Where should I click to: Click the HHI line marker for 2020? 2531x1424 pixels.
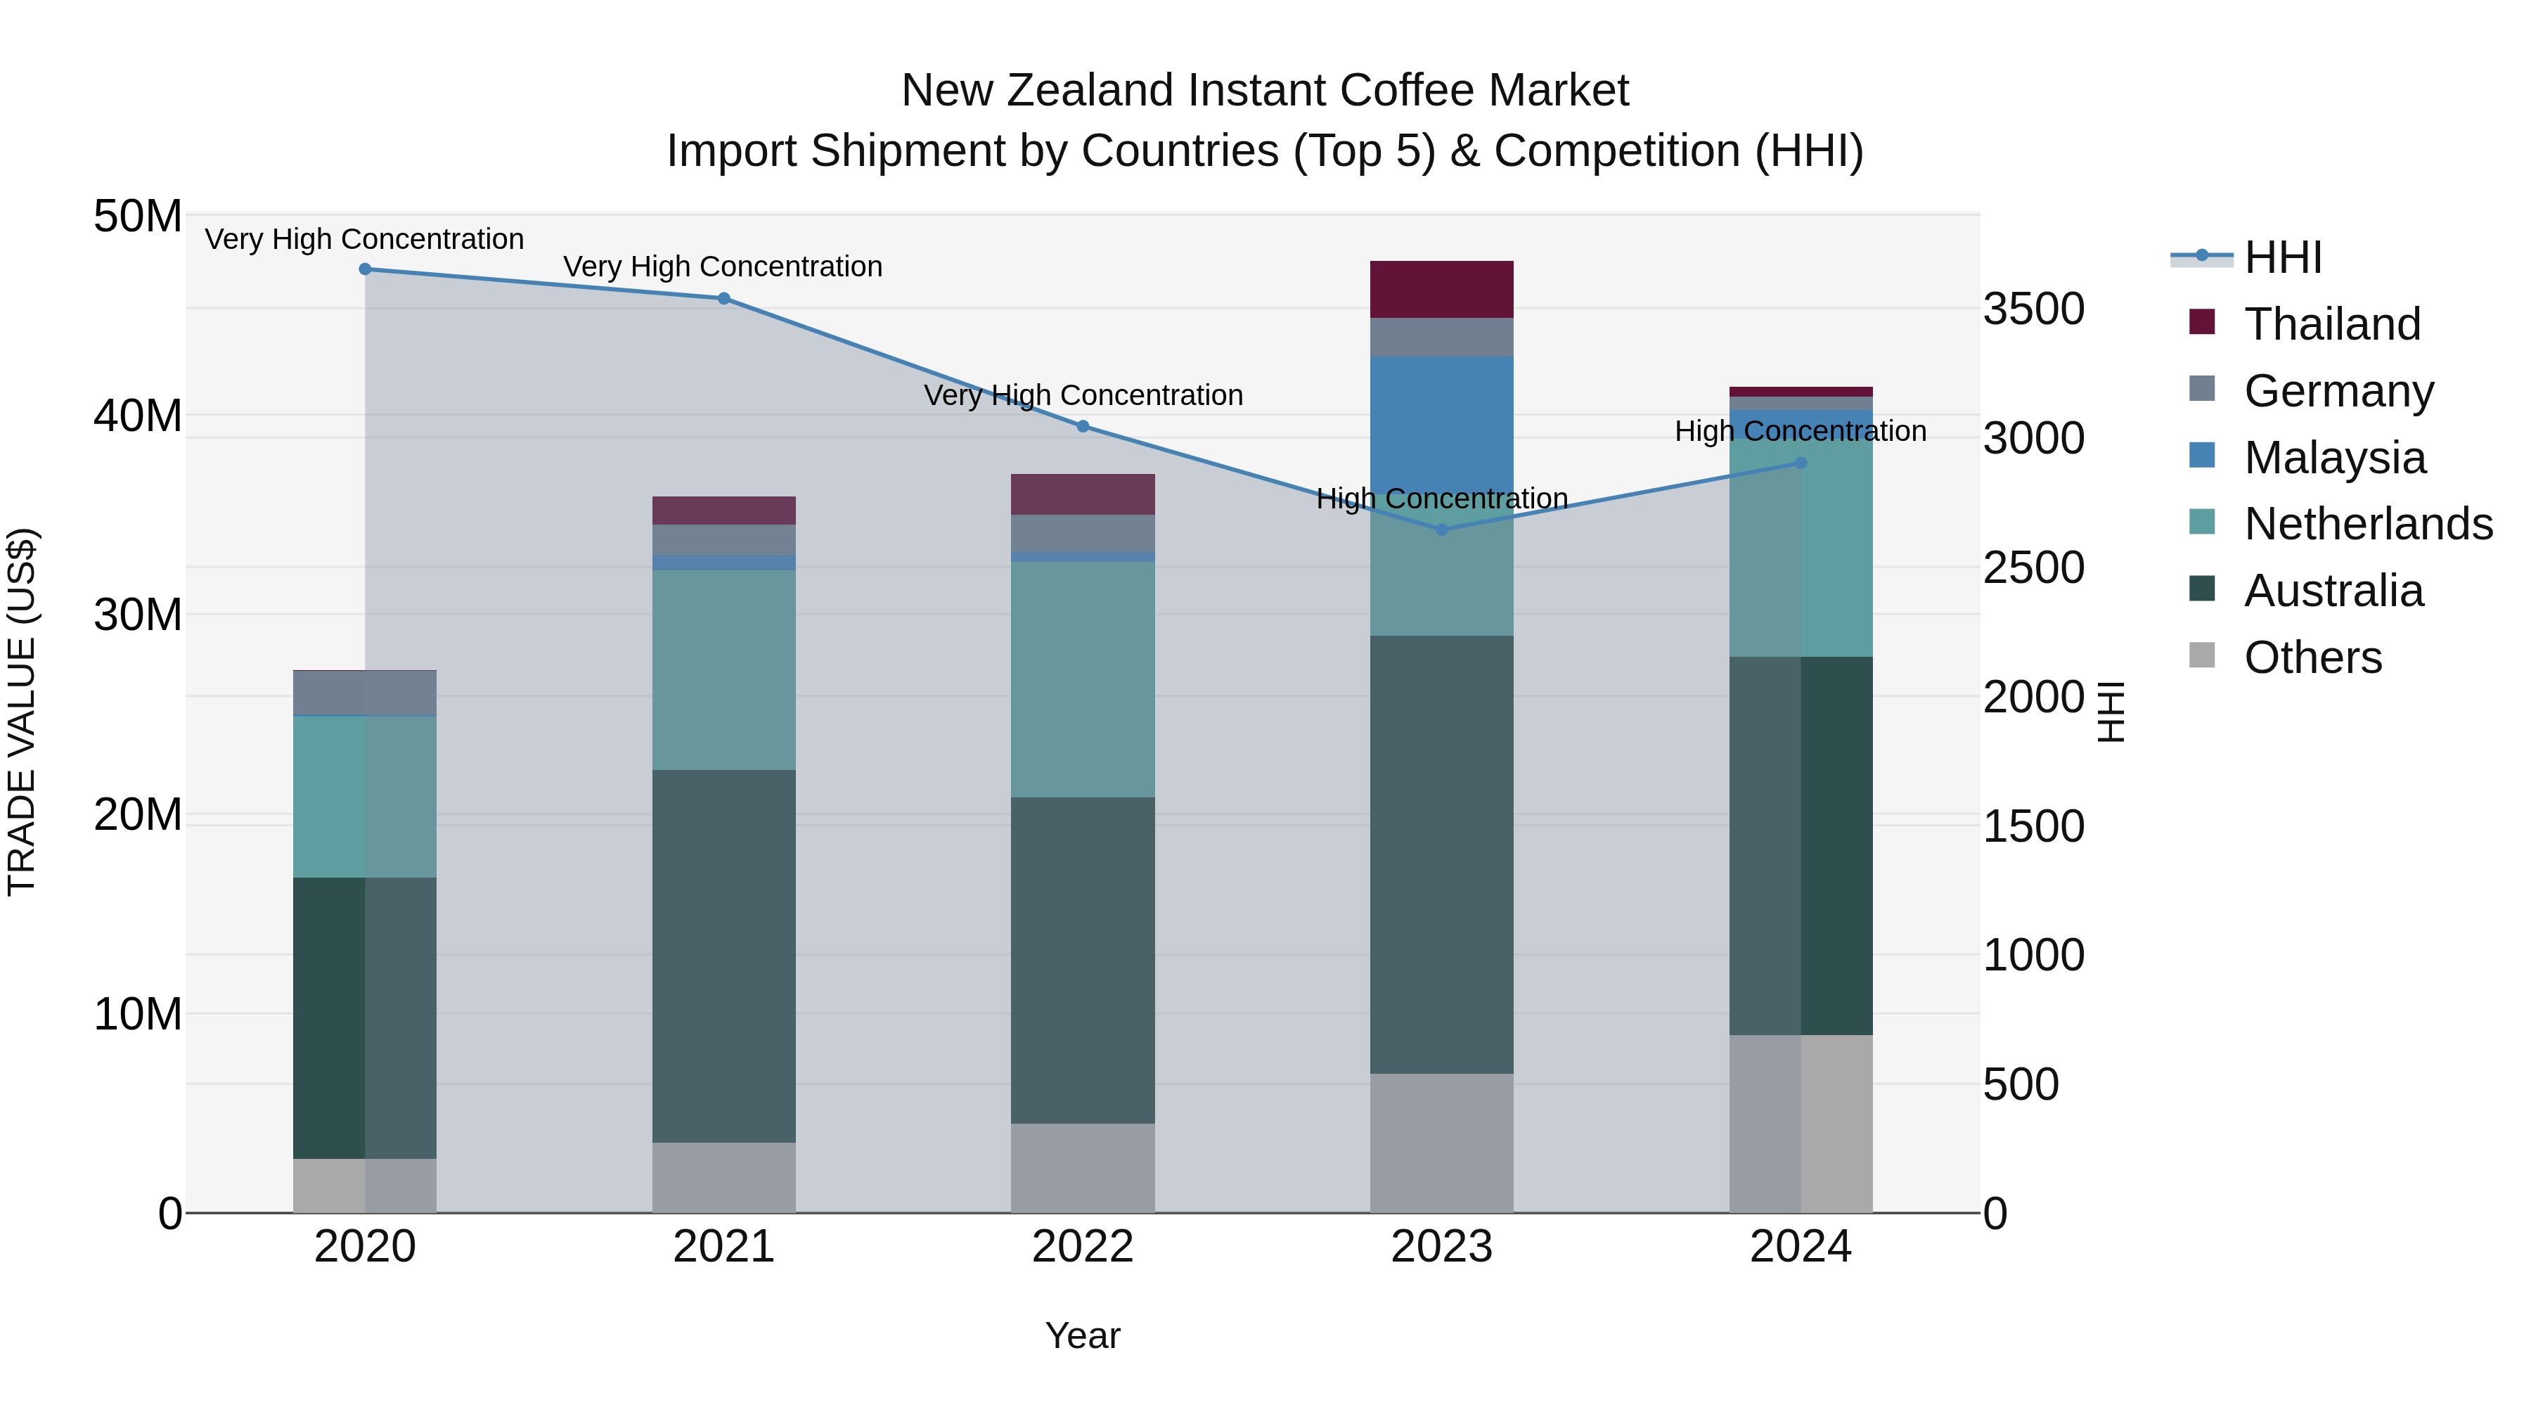[364, 269]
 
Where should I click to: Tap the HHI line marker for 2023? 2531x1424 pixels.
[1441, 530]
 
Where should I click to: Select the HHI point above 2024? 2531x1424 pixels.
[1800, 463]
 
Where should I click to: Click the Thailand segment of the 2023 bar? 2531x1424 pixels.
[1441, 289]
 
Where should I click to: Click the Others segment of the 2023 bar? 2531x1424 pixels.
[1441, 1143]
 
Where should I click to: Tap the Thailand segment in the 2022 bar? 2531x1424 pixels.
[1083, 494]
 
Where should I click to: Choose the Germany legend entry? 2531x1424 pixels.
[2338, 391]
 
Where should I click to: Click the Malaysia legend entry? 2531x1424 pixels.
[2334, 458]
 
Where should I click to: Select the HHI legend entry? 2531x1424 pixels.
[2282, 257]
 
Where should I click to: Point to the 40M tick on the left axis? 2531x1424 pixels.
[138, 416]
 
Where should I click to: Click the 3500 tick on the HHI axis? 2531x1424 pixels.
[2033, 309]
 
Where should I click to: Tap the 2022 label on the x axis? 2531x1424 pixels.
[1083, 1247]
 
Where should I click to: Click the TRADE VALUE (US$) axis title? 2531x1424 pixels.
[22, 712]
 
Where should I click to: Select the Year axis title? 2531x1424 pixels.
[1083, 1335]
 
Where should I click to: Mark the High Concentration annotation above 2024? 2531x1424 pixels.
[1800, 432]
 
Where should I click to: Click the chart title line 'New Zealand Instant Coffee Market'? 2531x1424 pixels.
[1265, 91]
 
